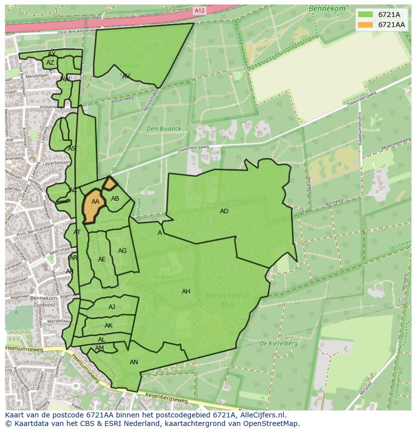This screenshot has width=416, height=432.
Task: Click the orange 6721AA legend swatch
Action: click(366, 24)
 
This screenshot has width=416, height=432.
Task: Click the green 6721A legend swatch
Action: click(366, 15)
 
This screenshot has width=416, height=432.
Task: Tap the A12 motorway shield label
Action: click(200, 10)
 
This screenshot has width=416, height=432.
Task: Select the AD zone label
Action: click(224, 211)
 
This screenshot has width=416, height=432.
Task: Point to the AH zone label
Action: click(186, 292)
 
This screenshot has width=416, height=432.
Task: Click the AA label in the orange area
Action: click(95, 202)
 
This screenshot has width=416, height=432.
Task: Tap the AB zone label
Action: click(115, 199)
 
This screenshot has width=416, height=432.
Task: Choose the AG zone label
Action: click(122, 251)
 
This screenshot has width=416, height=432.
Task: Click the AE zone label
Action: click(102, 259)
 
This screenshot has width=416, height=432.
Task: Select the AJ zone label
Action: click(112, 307)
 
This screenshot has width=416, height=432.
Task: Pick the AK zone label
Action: click(109, 326)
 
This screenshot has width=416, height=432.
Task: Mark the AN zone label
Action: click(134, 362)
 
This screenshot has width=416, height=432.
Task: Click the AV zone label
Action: click(126, 76)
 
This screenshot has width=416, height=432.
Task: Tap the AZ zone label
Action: click(50, 63)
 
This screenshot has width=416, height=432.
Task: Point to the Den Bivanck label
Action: click(164, 128)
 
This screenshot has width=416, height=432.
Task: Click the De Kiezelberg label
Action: click(279, 344)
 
